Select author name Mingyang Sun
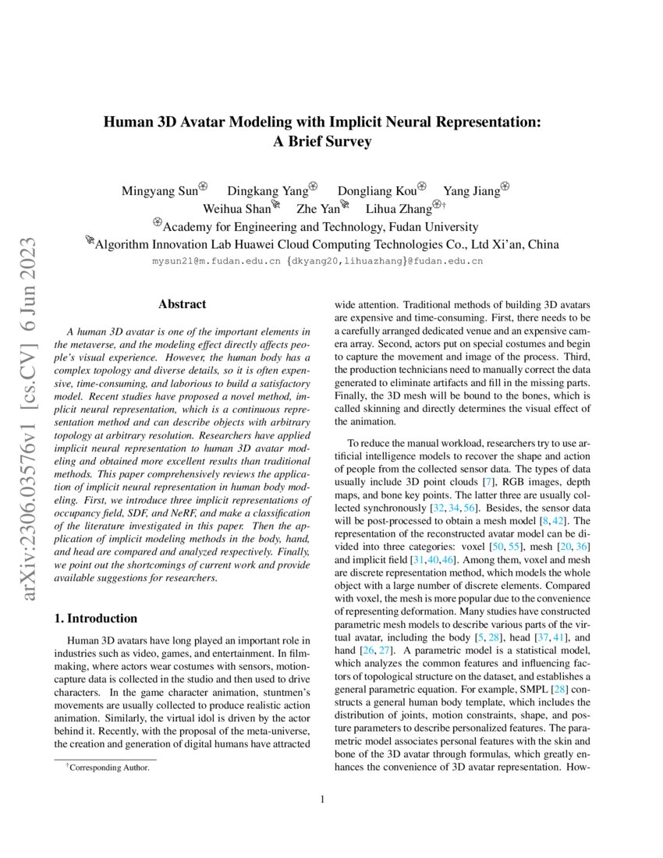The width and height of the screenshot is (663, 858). coord(159,190)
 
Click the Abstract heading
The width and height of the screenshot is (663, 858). coord(182,304)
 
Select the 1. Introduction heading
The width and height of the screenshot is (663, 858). coord(95,619)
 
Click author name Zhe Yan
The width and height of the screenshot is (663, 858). coord(317,209)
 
